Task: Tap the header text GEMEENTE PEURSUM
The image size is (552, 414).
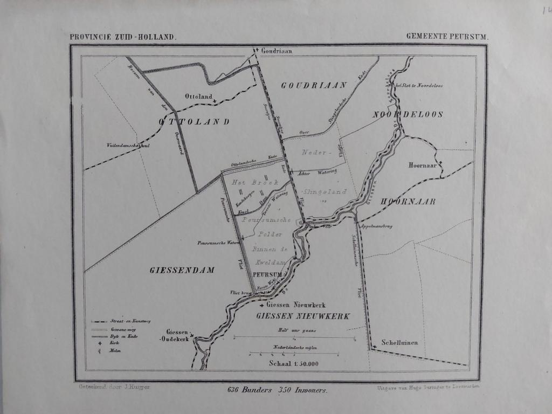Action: coord(447,37)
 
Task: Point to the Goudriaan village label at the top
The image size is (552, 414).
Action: coord(277,51)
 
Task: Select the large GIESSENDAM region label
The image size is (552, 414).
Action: coord(182,270)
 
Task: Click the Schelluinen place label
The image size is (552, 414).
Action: coord(399,342)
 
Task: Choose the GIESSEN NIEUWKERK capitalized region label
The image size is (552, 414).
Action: coord(303,316)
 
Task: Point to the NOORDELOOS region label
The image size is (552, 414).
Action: coord(408,114)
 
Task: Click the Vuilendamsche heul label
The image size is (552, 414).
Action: coord(128,146)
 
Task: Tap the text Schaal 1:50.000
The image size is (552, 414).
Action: coord(293,363)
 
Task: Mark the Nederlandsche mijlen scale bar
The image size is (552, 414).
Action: coord(294,354)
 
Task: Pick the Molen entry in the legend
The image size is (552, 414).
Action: coord(115,351)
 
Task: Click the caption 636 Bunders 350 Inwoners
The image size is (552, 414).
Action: coord(277,390)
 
